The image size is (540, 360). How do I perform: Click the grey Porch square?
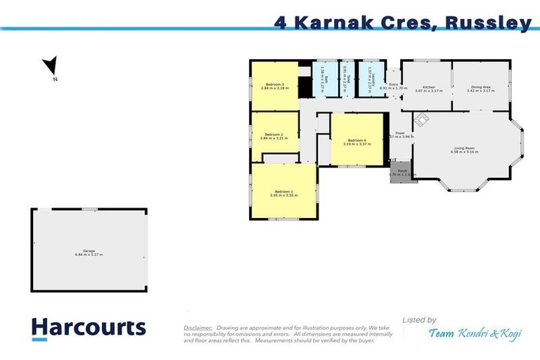tap(402, 172)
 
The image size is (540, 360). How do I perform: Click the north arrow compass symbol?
tap(50, 67)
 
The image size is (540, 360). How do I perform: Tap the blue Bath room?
tap(325, 79)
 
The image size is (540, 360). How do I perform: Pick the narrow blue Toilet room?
tap(345, 79)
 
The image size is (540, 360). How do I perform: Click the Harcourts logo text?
tap(89, 327)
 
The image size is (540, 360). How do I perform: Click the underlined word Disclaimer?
tap(197, 328)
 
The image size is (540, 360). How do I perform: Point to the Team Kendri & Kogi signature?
tap(475, 334)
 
